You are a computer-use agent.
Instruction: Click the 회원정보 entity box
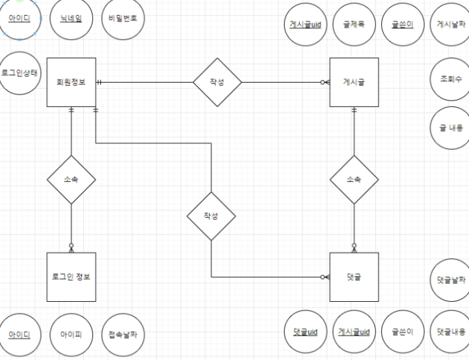pyautogui.click(x=71, y=82)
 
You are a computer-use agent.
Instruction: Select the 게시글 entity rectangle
pyautogui.click(x=354, y=82)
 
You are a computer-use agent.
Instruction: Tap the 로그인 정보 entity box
pyautogui.click(x=71, y=276)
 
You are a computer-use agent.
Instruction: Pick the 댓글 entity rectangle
pyautogui.click(x=354, y=276)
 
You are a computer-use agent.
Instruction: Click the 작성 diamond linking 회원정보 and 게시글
pyautogui.click(x=217, y=82)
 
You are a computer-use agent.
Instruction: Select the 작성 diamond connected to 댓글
pyautogui.click(x=211, y=216)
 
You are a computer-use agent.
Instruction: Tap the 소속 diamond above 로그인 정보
pyautogui.click(x=71, y=179)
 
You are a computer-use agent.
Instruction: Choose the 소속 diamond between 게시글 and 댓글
pyautogui.click(x=354, y=179)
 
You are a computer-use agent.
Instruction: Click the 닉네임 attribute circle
pyautogui.click(x=71, y=19)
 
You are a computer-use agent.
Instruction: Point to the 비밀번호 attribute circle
pyautogui.click(x=123, y=19)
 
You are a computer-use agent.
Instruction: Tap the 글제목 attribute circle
pyautogui.click(x=354, y=24)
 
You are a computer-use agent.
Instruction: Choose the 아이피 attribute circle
pyautogui.click(x=71, y=335)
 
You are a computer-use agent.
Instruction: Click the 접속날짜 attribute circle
pyautogui.click(x=123, y=335)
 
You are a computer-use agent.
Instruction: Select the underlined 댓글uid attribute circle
pyautogui.click(x=305, y=331)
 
